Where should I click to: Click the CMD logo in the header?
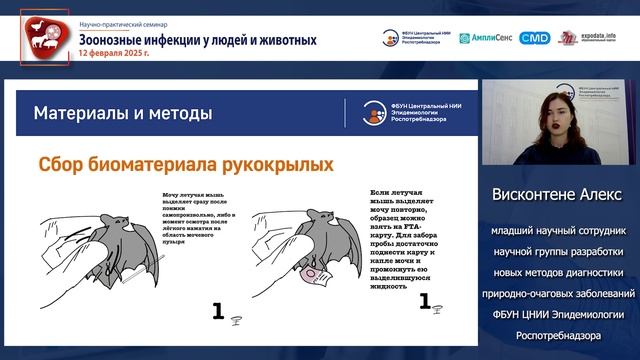535,38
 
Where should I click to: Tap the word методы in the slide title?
180,112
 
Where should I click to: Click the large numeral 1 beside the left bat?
217,311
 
